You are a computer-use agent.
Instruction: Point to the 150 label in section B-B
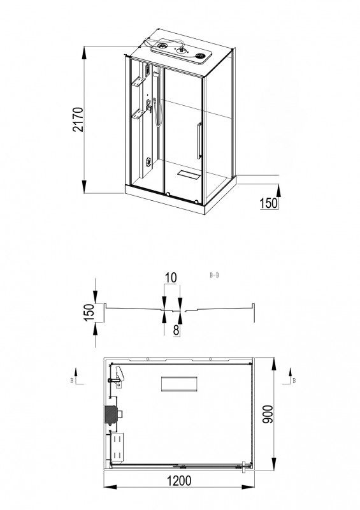[x=90, y=312]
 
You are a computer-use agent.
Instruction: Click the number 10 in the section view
[x=171, y=278]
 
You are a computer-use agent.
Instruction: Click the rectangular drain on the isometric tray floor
[x=189, y=173]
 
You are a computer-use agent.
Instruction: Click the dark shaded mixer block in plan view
[x=111, y=415]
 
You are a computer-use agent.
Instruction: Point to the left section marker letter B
[x=72, y=381]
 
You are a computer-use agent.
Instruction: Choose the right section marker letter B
[x=294, y=380]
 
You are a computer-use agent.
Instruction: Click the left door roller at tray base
[x=167, y=194]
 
